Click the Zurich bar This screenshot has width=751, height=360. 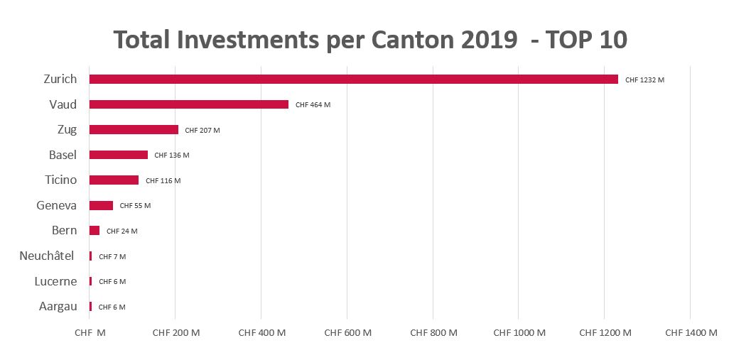pyautogui.click(x=353, y=80)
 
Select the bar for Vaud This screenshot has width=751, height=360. pyautogui.click(x=188, y=104)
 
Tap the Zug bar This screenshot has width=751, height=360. pyautogui.click(x=134, y=130)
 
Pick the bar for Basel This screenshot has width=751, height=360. pyautogui.click(x=118, y=155)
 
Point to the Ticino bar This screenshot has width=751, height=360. pyautogui.click(x=114, y=180)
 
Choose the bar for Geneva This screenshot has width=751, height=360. pyautogui.click(x=101, y=206)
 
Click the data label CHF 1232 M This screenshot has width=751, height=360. pyautogui.click(x=644, y=80)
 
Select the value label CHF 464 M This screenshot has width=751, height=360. pyautogui.click(x=313, y=105)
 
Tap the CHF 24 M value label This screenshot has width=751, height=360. pyautogui.click(x=121, y=231)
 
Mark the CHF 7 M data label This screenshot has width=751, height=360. pyautogui.click(x=112, y=256)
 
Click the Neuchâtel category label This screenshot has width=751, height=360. pyautogui.click(x=47, y=256)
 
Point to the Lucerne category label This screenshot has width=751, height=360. pyautogui.click(x=55, y=281)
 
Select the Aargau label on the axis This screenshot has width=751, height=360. pyautogui.click(x=57, y=307)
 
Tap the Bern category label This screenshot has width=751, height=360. pyautogui.click(x=64, y=231)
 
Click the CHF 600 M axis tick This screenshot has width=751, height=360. pyautogui.click(x=347, y=332)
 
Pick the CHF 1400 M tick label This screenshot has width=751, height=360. pyautogui.click(x=691, y=332)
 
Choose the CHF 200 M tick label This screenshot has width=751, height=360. pyautogui.click(x=176, y=332)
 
